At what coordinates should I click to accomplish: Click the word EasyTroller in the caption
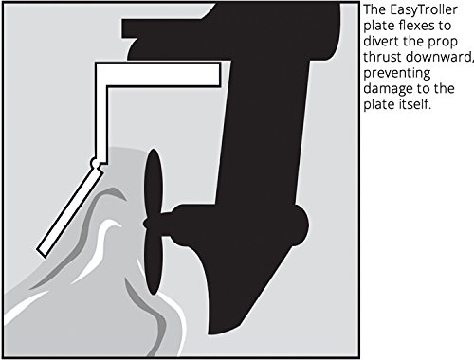click(424, 10)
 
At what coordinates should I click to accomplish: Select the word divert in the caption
click(379, 41)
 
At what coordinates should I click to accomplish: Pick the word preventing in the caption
click(397, 74)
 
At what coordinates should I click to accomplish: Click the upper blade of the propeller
click(154, 183)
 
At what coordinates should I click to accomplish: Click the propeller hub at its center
click(153, 223)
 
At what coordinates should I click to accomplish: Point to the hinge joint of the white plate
click(95, 163)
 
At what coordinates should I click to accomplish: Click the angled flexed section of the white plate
click(70, 210)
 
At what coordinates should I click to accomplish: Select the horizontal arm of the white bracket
click(158, 75)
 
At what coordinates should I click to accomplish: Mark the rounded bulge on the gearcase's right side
click(301, 225)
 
